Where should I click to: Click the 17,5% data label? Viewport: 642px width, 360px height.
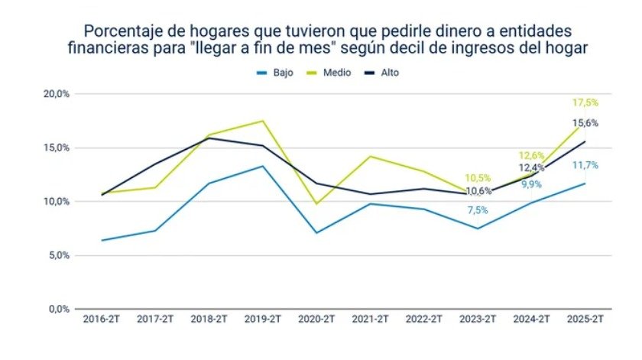click(x=585, y=102)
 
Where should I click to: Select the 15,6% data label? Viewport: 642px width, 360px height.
click(x=585, y=122)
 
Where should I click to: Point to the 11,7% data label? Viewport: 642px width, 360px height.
click(x=585, y=165)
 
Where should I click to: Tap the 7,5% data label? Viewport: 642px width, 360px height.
click(x=478, y=210)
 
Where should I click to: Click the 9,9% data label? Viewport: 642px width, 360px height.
click(x=531, y=184)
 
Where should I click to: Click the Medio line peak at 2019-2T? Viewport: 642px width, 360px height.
click(x=263, y=121)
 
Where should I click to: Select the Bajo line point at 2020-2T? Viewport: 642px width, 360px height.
click(x=316, y=232)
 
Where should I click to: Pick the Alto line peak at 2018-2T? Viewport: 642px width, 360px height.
click(x=209, y=138)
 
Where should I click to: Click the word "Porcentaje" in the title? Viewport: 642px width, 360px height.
click(x=122, y=32)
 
